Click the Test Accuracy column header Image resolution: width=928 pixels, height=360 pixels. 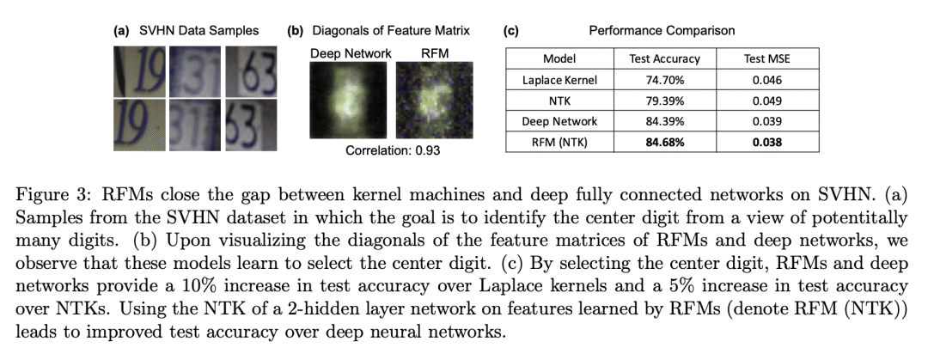664,58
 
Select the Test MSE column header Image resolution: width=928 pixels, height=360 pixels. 767,58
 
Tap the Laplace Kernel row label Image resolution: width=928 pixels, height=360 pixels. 559,80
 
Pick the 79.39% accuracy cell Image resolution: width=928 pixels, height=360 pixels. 664,101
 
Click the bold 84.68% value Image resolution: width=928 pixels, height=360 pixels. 664,142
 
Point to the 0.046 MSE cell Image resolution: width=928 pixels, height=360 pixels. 767,80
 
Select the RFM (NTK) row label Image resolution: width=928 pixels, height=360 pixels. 559,142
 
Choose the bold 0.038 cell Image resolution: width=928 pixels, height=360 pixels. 767,142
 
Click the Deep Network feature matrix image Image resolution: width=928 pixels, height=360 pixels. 348,100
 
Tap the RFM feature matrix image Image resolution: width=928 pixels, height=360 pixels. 435,100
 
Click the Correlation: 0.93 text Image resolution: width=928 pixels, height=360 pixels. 393,150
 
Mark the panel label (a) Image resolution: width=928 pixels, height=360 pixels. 122,31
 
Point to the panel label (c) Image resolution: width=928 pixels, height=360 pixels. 510,31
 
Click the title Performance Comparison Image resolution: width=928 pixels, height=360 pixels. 662,30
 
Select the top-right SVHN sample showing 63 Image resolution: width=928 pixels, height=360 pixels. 251,71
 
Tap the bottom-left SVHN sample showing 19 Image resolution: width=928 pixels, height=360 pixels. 140,125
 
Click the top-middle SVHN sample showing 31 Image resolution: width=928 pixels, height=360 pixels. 195,71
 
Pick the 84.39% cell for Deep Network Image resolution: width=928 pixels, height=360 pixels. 664,121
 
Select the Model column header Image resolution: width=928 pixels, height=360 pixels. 559,58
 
